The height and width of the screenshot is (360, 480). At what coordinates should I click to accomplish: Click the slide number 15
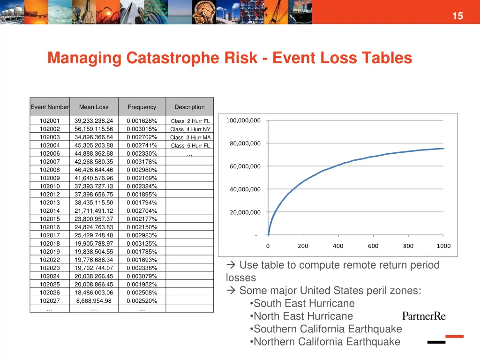click(457, 16)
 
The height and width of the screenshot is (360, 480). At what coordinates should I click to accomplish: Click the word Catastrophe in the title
click(192, 58)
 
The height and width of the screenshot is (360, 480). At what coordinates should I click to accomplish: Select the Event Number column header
click(50, 107)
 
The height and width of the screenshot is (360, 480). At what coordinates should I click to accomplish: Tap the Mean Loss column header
click(94, 107)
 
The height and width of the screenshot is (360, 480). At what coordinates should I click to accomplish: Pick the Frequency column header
click(142, 107)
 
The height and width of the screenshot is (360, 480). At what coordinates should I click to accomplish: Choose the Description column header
click(189, 107)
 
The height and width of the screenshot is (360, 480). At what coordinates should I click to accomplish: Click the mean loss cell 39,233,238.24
click(94, 121)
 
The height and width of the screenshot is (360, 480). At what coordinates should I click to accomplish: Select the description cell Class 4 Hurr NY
click(190, 129)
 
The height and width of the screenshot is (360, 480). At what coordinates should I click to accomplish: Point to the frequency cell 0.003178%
click(142, 162)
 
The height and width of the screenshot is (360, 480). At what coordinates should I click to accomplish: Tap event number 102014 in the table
click(50, 211)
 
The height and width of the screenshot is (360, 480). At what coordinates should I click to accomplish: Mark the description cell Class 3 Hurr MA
click(190, 137)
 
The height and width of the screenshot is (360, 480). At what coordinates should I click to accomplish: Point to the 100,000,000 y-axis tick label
click(243, 120)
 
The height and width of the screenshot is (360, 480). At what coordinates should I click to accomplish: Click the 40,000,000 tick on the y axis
click(245, 189)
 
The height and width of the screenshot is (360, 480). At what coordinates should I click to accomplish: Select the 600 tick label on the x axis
click(373, 246)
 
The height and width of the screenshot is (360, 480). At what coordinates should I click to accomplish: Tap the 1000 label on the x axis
click(443, 246)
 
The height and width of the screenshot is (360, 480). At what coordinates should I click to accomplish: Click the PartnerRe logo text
click(424, 316)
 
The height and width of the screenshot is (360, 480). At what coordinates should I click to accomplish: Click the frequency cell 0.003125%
click(142, 244)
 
